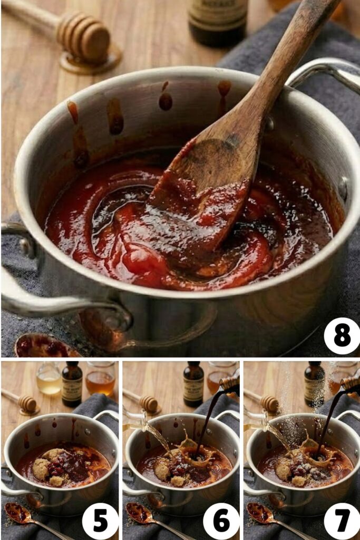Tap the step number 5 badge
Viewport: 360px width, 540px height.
pos(100,521)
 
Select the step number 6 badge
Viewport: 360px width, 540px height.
pos(221,521)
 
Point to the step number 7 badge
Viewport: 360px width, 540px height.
pos(342,521)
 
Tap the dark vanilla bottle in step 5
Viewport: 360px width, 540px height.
pos(72,384)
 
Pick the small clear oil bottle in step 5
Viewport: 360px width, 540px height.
pos(48,379)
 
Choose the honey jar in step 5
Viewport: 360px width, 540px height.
pos(100,379)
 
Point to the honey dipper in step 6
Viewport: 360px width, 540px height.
pos(145,403)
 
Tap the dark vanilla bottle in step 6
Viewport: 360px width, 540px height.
pos(193,384)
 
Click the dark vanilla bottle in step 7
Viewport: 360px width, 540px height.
pos(315,384)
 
